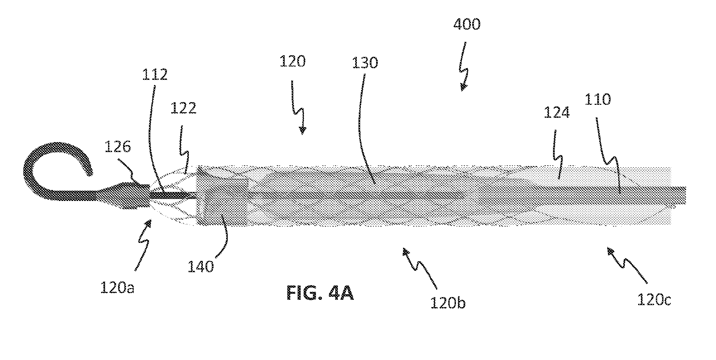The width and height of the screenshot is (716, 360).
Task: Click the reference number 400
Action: [467, 25]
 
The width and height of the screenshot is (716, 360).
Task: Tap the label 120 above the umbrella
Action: [292, 62]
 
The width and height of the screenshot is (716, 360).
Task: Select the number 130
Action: [365, 62]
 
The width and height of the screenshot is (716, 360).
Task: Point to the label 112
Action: [155, 75]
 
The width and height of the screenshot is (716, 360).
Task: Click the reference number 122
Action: [183, 108]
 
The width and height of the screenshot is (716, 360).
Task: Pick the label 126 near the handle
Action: [117, 146]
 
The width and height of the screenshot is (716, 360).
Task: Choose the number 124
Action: [557, 113]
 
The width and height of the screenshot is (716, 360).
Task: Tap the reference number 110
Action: [598, 99]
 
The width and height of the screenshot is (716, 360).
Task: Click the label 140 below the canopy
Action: [201, 267]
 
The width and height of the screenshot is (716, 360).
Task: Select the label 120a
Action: [117, 288]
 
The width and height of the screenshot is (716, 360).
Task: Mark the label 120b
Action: [448, 303]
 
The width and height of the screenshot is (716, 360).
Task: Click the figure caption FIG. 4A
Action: [320, 294]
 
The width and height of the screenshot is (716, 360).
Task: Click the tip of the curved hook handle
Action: [89, 172]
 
